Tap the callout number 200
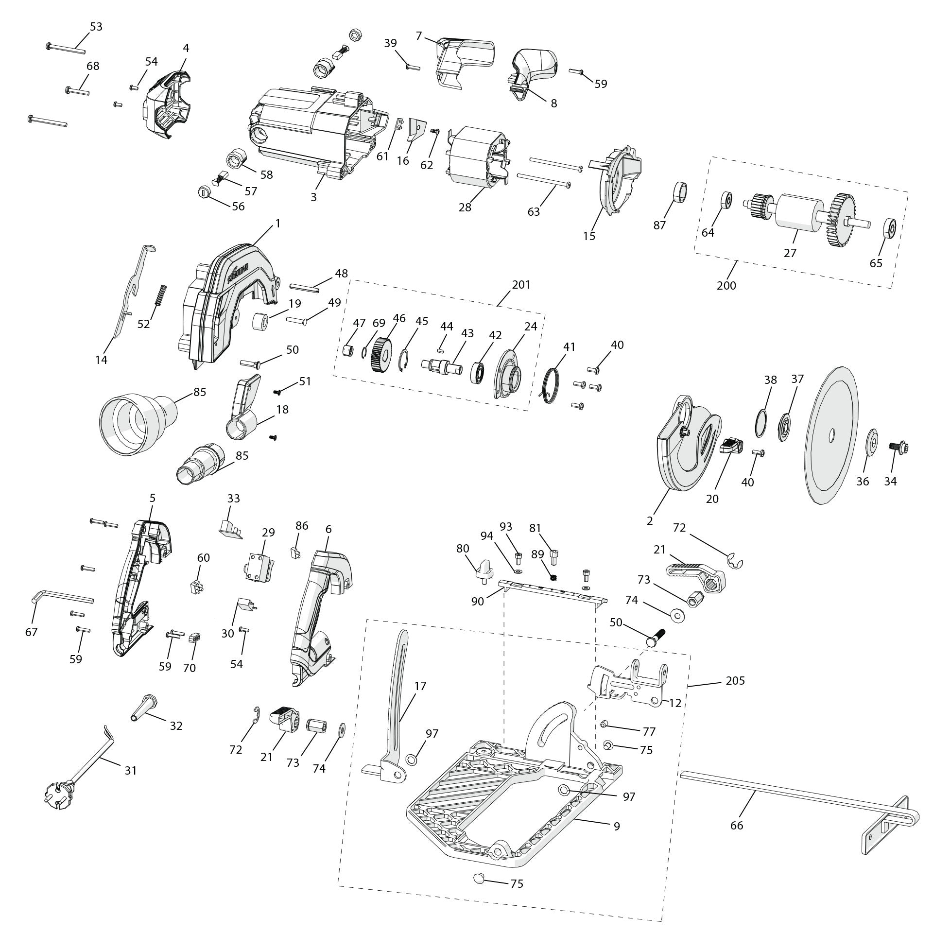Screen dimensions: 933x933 click(x=726, y=285)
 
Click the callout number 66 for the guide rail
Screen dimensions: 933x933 click(x=737, y=825)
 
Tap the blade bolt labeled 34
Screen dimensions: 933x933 click(x=898, y=447)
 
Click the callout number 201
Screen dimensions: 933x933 click(x=521, y=284)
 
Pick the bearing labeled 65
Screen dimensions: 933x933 click(x=889, y=228)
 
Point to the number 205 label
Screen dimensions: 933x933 click(x=735, y=680)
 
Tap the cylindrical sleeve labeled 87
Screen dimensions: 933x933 click(x=680, y=192)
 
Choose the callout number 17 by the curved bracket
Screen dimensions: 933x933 click(x=420, y=686)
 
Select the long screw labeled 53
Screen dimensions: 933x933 click(x=66, y=48)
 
